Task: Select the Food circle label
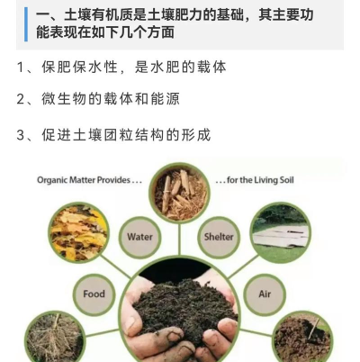[94, 294]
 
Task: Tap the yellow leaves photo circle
[78, 232]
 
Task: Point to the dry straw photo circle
[54, 337]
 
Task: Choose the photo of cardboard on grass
[280, 232]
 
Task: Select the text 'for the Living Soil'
[256, 179]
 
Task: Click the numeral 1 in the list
[22, 68]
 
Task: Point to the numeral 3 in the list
[22, 135]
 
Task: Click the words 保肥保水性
[81, 68]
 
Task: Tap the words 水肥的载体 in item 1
[192, 68]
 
